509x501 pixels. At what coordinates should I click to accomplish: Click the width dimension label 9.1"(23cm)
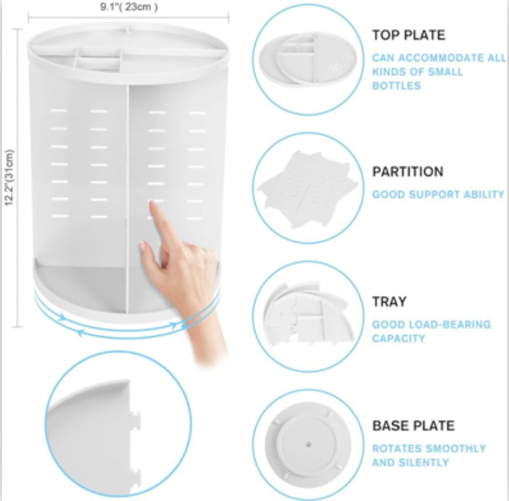point(129,7)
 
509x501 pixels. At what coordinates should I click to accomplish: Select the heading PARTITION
point(407,172)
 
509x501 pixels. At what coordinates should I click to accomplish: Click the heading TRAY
point(389,302)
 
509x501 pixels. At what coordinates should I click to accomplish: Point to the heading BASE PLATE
point(413,426)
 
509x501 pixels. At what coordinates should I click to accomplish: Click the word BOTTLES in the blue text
point(396,86)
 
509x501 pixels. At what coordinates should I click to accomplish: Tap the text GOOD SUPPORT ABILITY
point(438,194)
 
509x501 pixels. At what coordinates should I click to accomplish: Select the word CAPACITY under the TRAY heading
point(398,339)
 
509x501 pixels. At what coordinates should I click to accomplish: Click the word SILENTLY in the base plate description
point(424,462)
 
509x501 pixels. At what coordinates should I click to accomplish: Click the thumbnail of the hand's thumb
point(142,247)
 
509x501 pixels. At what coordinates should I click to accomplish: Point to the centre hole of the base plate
point(308,445)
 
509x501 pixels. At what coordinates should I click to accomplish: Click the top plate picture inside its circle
point(308,59)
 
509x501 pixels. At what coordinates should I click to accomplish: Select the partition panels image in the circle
point(308,188)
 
